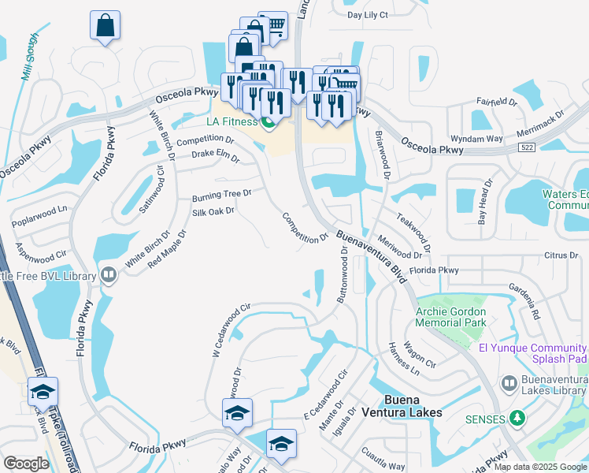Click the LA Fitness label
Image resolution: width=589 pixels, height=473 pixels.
tap(232, 121)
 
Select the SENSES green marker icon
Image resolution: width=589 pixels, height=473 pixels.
tap(517, 417)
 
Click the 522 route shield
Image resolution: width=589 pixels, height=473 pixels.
tap(528, 147)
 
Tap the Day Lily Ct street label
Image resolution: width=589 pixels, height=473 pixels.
tap(368, 15)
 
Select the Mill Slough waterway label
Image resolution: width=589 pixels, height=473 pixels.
tap(29, 56)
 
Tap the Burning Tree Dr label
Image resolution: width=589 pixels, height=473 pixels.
tap(221, 194)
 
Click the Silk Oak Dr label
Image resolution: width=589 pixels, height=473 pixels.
tap(213, 211)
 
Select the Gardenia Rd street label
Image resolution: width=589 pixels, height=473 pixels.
tap(524, 300)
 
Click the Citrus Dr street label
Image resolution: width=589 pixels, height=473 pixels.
tap(561, 255)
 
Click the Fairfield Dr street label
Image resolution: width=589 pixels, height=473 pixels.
tap(496, 102)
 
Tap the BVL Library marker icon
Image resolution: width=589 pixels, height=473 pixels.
tap(109, 276)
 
